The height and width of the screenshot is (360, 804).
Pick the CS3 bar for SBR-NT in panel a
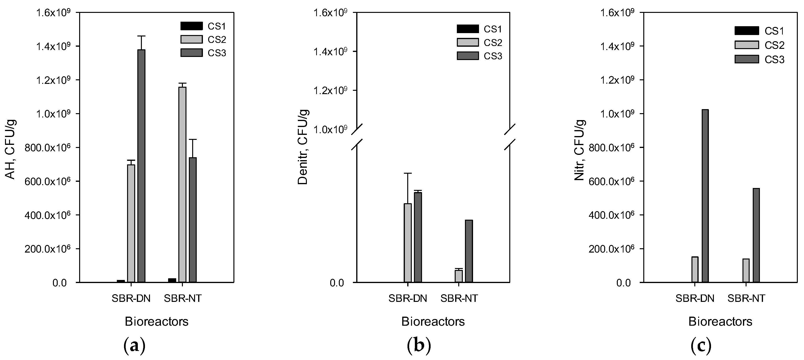point(193,220)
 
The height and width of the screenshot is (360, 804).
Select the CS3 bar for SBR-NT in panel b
point(469,251)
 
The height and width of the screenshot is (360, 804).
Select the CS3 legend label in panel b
point(493,56)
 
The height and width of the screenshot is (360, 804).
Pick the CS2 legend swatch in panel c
point(746,45)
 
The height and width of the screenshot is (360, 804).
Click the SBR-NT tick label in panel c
point(746,299)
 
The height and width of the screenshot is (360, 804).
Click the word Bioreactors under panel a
point(157,321)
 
